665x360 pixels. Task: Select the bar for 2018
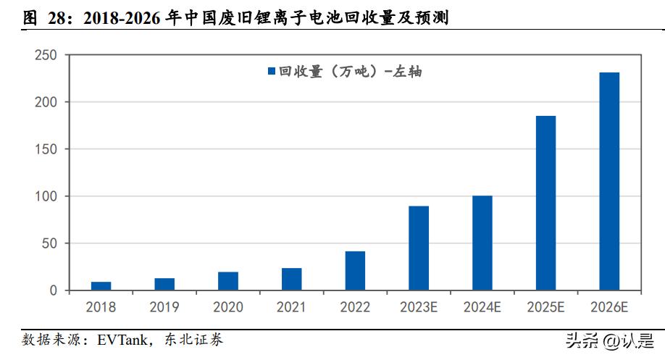coord(101,286)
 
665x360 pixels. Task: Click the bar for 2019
coord(164,285)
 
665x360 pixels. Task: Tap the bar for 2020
coord(228,282)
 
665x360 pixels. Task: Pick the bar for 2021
coord(291,280)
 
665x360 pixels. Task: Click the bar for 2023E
coord(419,248)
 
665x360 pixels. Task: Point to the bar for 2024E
coord(482,243)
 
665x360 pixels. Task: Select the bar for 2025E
coord(545,204)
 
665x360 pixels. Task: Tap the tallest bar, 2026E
coord(609,182)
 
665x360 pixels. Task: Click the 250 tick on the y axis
coord(46,55)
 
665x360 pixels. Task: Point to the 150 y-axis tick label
coord(46,149)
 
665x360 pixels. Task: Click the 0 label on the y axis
coord(54,290)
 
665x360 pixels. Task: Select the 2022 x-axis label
coord(355,308)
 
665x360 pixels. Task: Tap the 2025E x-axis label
coord(545,308)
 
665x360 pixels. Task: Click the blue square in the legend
coord(272,71)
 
